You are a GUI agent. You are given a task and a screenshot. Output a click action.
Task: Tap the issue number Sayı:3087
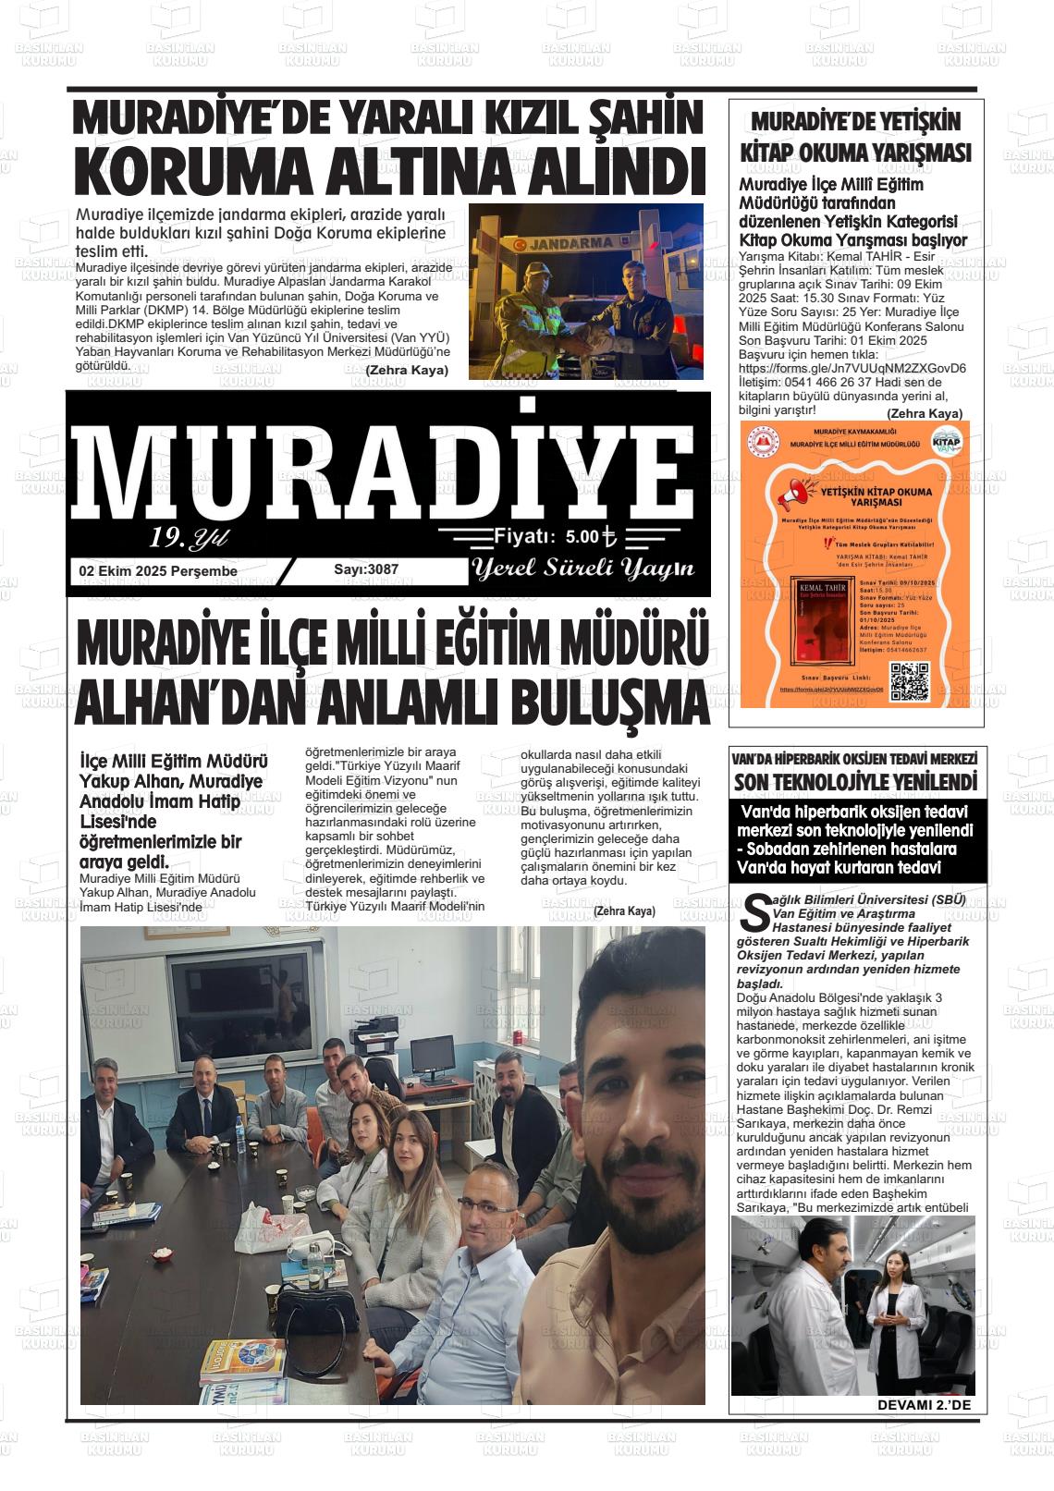[366, 569]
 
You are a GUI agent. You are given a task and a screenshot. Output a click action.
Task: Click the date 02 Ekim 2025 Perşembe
[158, 571]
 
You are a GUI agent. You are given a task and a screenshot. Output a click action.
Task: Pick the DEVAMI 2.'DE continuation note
[920, 1406]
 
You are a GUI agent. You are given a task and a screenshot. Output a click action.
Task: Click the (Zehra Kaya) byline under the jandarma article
[407, 370]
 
